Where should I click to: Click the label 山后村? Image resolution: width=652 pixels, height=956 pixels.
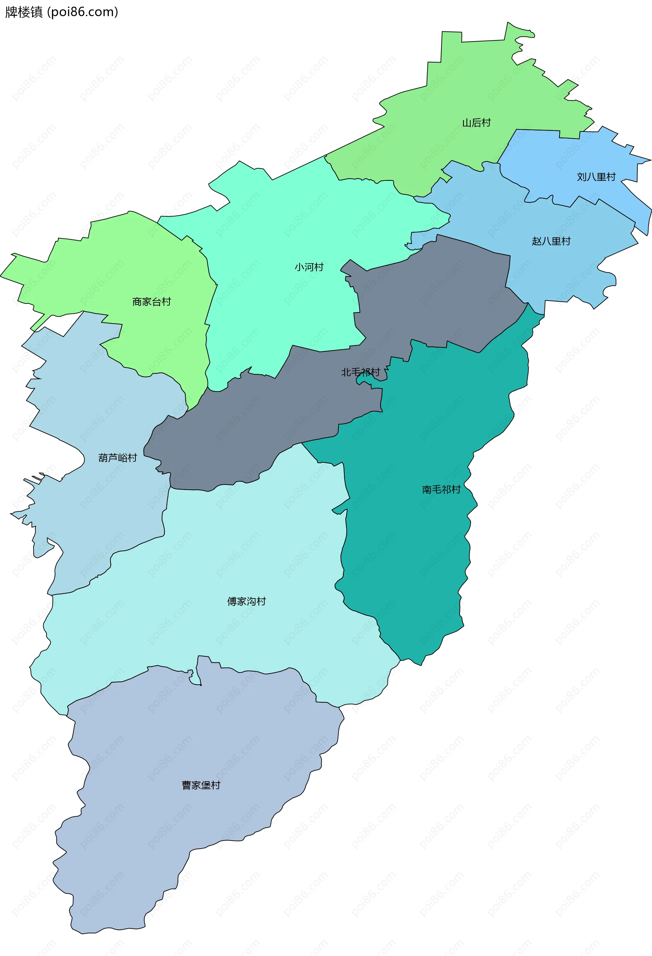(x=476, y=123)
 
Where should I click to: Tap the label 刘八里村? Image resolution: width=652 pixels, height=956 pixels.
(x=596, y=177)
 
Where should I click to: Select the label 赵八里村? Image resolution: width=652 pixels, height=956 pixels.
(x=551, y=241)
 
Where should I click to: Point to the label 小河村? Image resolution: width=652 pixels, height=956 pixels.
(x=309, y=267)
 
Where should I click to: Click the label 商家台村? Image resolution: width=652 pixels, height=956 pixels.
(x=151, y=301)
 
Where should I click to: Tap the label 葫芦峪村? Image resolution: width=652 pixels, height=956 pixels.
(x=117, y=457)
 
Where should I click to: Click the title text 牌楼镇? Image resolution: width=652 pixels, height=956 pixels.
(x=24, y=12)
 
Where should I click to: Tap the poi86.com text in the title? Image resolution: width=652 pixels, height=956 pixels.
(x=83, y=12)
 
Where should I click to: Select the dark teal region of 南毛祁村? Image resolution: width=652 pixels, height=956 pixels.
(x=411, y=555)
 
